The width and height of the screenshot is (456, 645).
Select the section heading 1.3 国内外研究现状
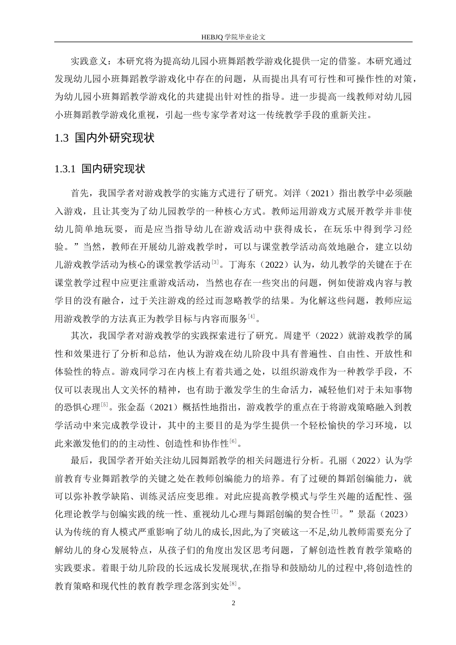coord(105,138)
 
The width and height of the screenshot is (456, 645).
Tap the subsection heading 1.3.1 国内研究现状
coord(100,169)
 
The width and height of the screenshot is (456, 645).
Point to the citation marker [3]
coord(216,262)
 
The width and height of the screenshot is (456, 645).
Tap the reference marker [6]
coord(233,441)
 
